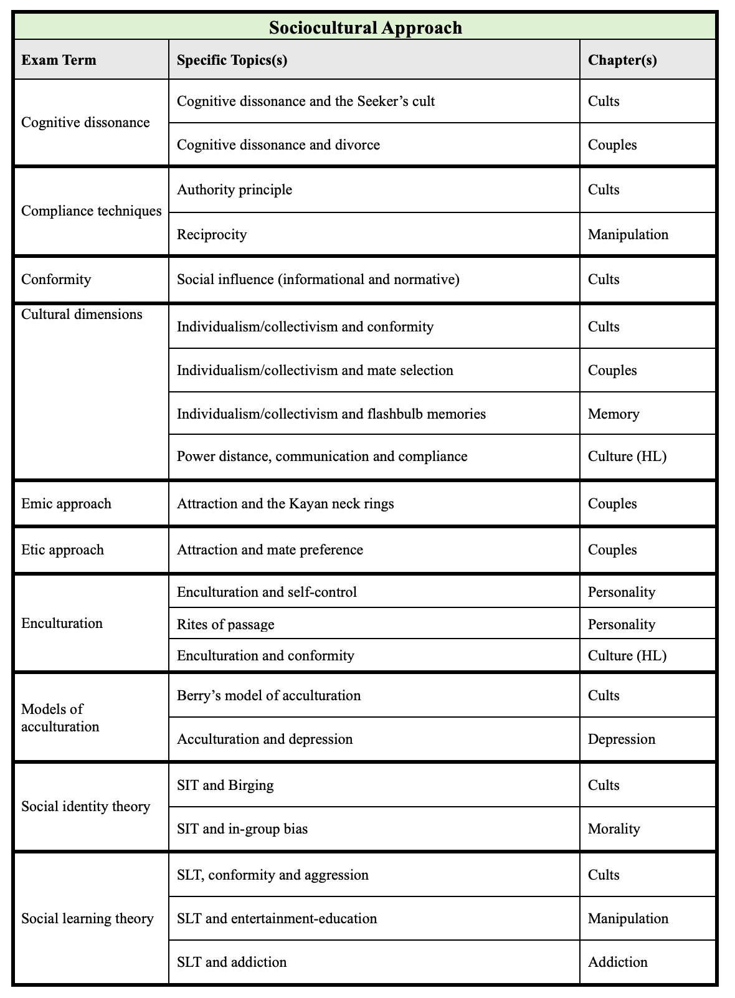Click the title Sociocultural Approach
tap(366, 28)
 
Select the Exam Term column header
tap(59, 60)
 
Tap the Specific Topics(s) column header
tap(232, 60)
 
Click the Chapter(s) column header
tap(622, 60)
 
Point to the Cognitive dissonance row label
tap(85, 122)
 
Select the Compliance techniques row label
tap(91, 211)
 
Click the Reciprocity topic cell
tap(212, 235)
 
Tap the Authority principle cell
tap(234, 189)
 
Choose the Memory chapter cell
tap(614, 414)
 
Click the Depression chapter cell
tap(621, 739)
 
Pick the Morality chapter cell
tap(614, 829)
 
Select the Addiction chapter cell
tap(617, 962)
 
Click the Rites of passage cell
tap(225, 624)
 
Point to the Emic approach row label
tap(66, 503)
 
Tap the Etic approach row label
tap(62, 549)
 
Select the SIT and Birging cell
tap(225, 785)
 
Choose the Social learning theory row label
tap(87, 918)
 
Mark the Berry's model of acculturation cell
tap(268, 695)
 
